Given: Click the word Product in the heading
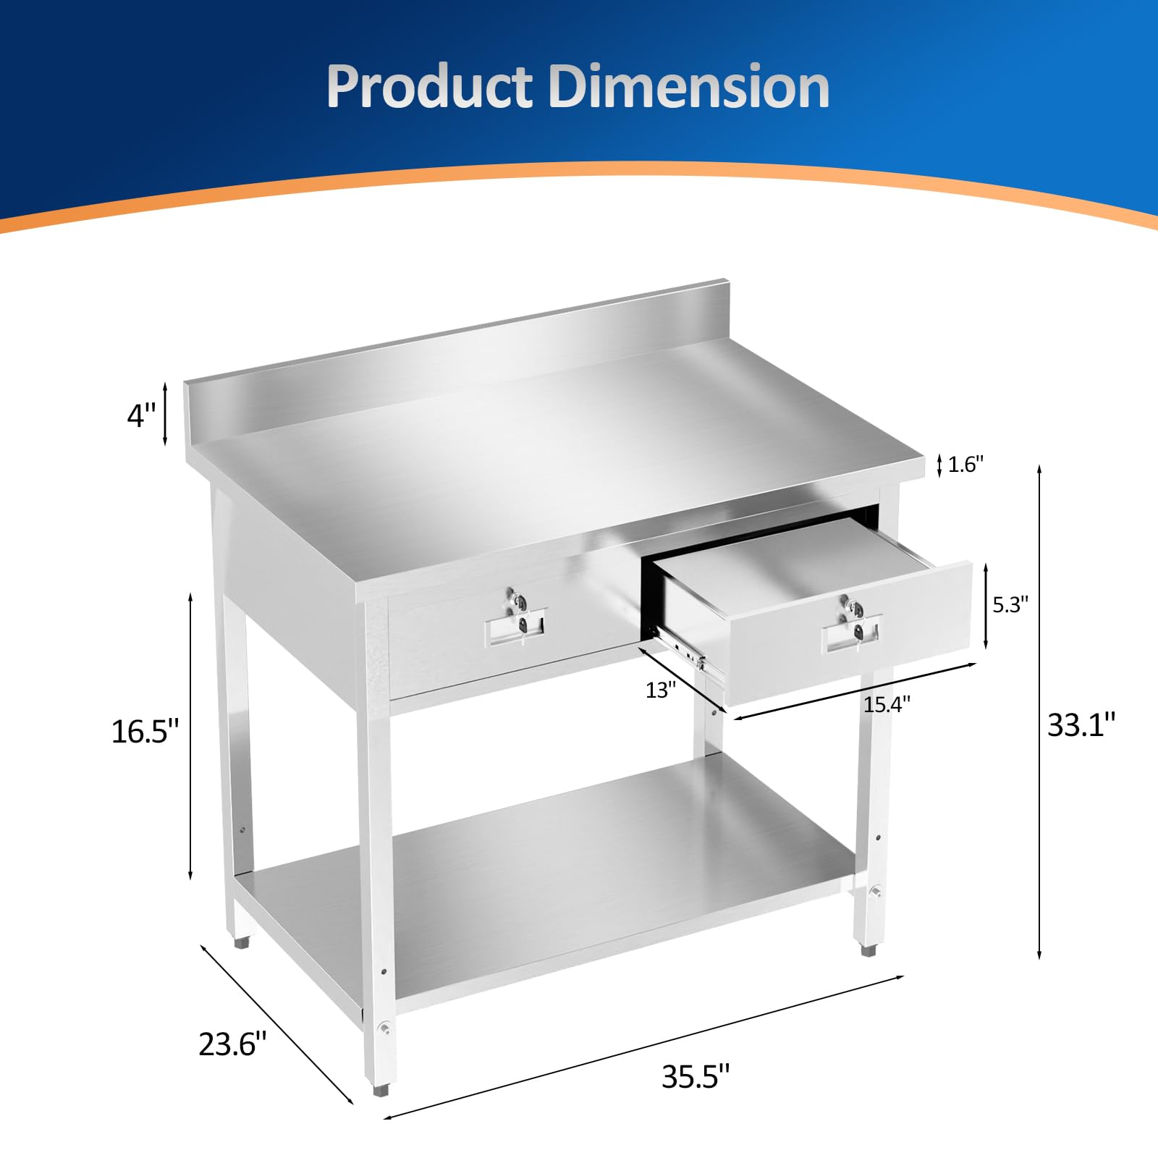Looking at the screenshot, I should (429, 88).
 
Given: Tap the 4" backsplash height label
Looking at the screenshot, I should (141, 416).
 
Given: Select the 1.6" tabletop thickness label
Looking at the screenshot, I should (965, 465).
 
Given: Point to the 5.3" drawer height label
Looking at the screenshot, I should (1010, 605).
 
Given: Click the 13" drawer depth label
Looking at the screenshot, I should (660, 690).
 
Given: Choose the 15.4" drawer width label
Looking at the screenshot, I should (887, 704).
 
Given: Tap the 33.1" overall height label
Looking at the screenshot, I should (1081, 724).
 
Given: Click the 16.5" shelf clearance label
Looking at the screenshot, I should (145, 732).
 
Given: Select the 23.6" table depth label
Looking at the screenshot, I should (232, 1044).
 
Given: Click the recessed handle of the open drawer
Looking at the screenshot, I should (851, 635).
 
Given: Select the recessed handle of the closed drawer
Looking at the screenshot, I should (515, 628).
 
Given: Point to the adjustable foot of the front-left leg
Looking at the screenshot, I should (381, 1108).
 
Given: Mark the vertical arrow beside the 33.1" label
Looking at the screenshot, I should (1039, 713).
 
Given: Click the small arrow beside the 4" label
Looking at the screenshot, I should (165, 414).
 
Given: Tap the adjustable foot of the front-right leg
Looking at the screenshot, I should (868, 949).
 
